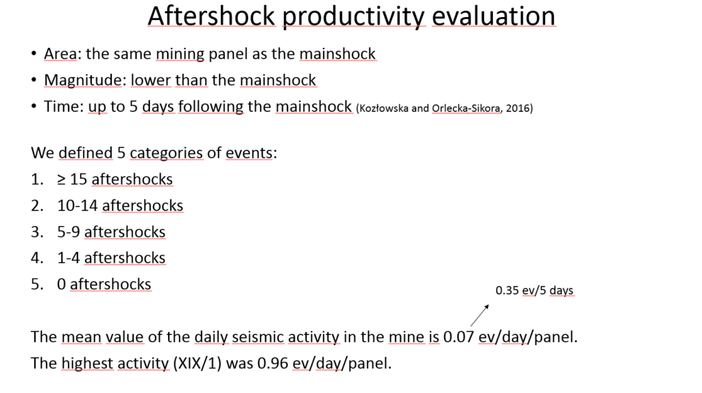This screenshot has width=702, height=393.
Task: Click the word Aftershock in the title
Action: [x=211, y=16]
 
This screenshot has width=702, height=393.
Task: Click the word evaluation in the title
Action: [x=494, y=16]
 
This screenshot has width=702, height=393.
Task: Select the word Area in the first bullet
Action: [x=60, y=53]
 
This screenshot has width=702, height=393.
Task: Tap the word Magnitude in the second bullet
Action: [x=82, y=80]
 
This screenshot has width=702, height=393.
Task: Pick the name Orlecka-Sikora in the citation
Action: [x=466, y=108]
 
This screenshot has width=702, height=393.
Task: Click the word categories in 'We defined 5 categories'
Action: [x=167, y=153]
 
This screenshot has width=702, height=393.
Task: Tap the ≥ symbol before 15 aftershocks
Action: [x=61, y=179]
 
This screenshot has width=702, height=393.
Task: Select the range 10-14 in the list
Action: [x=77, y=205]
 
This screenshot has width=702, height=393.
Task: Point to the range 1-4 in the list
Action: [x=69, y=258]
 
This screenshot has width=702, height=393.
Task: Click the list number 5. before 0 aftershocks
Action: [x=37, y=284]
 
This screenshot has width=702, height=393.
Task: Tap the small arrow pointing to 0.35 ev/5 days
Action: [x=480, y=316]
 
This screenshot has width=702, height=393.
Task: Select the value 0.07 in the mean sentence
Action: [x=459, y=337]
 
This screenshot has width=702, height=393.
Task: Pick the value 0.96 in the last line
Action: [x=273, y=363]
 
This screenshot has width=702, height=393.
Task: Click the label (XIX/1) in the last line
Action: [x=197, y=363]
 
